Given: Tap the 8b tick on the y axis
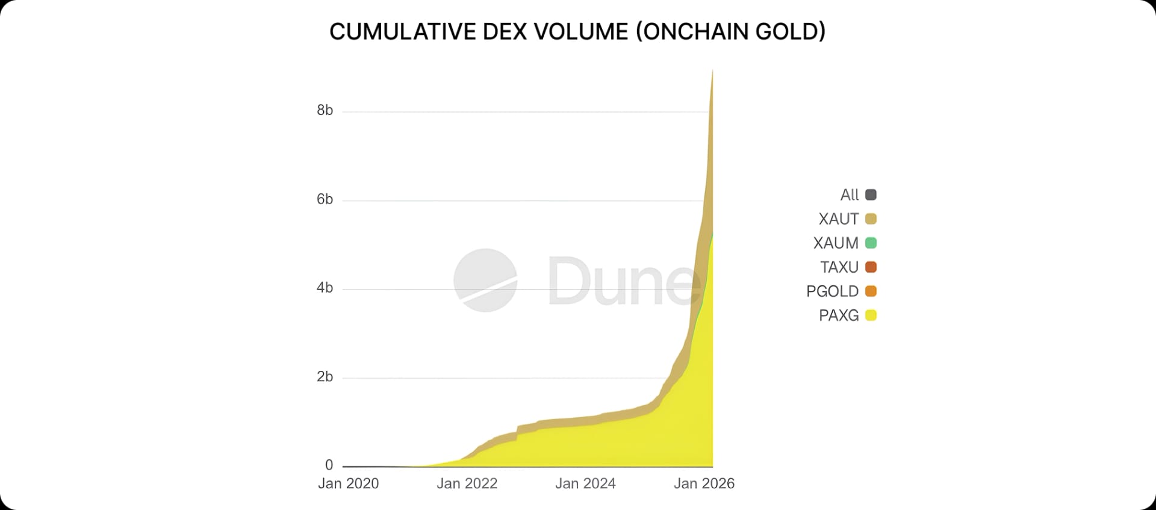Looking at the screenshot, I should [325, 110].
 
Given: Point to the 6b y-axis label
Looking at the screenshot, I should [325, 199].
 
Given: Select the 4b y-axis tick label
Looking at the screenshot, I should [325, 288].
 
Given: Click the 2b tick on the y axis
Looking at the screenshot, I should [325, 377].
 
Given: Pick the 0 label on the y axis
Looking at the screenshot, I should [329, 465].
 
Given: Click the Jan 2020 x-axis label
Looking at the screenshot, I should [348, 484].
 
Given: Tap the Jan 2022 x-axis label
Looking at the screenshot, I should [467, 484].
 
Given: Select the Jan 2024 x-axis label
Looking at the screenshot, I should [585, 484].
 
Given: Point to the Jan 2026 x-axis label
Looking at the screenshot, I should [704, 484].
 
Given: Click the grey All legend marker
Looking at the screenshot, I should [871, 194].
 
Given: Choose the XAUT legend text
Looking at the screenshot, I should [838, 219].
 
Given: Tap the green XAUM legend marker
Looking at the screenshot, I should [871, 243].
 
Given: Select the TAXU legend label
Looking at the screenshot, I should [839, 267].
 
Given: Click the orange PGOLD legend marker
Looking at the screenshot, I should [871, 291].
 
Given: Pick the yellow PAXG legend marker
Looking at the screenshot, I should [871, 315].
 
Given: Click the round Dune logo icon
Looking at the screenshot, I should [485, 280].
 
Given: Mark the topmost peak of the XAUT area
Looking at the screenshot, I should [713, 71].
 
